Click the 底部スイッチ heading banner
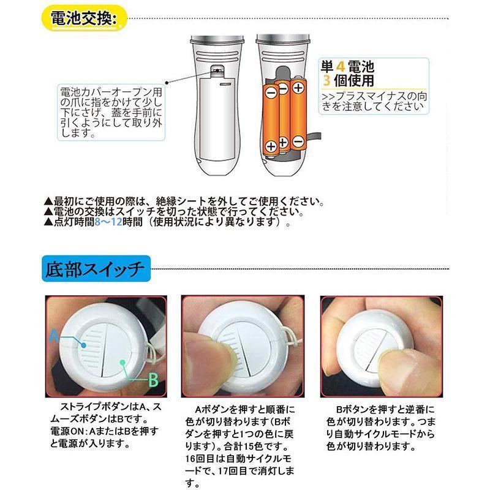click(x=94, y=268)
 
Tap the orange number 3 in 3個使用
click(x=327, y=80)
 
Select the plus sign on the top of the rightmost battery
click(x=298, y=88)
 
